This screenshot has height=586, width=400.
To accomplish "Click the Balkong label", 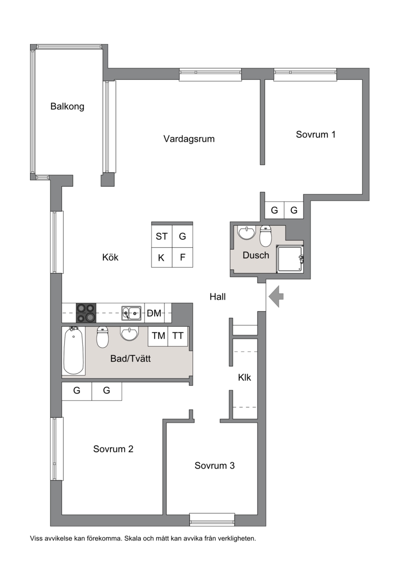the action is (67, 106).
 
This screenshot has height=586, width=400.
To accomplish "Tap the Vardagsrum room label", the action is (189, 139).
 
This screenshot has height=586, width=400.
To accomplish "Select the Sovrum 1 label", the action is (315, 134).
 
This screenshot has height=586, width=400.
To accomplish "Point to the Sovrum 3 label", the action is (214, 466).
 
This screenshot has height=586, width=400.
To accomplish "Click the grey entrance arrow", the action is (276, 296).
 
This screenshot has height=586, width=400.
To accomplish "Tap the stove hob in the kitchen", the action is (86, 313).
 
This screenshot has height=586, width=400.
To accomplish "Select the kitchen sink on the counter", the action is (131, 313).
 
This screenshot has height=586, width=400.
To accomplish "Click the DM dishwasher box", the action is (154, 313).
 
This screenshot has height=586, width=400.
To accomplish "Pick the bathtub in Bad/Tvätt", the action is (73, 350).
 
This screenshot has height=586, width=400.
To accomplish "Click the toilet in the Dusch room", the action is (265, 236).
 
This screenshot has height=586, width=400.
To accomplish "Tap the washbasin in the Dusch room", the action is (246, 232).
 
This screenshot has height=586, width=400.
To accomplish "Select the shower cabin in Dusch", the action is (289, 259).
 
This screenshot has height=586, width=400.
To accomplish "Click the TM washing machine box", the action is (158, 336).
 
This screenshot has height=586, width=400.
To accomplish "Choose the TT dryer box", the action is (177, 336).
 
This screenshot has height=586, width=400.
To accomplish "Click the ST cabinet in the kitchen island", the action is (161, 236).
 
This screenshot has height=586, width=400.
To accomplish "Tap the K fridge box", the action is (161, 257).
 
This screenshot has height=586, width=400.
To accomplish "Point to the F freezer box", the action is (182, 257).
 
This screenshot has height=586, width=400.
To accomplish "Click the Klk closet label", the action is (244, 378).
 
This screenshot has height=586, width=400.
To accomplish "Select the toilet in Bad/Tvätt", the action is (102, 337).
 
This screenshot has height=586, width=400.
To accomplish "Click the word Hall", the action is (217, 297).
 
